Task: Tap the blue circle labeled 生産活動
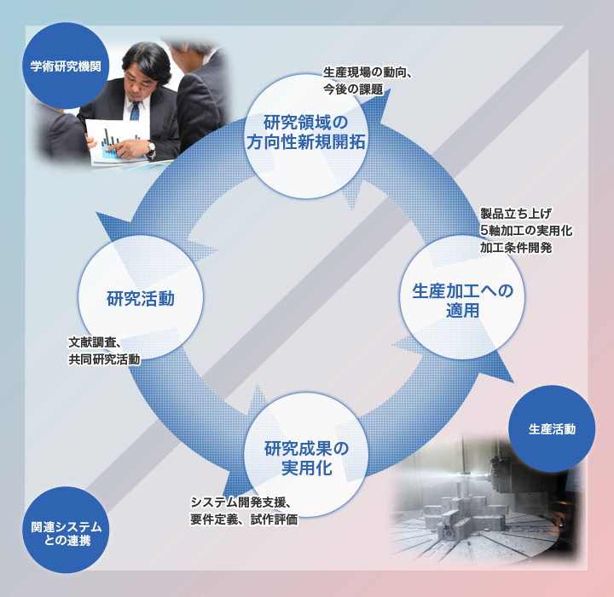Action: point(551,428)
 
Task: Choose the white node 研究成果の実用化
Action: point(306,457)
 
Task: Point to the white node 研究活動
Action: point(141,298)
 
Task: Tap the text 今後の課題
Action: point(353,89)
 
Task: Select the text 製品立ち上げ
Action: point(516,214)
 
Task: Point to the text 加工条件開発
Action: point(516,248)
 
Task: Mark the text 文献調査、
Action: point(99,343)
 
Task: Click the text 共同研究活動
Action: point(104,360)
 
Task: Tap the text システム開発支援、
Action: point(244,502)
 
